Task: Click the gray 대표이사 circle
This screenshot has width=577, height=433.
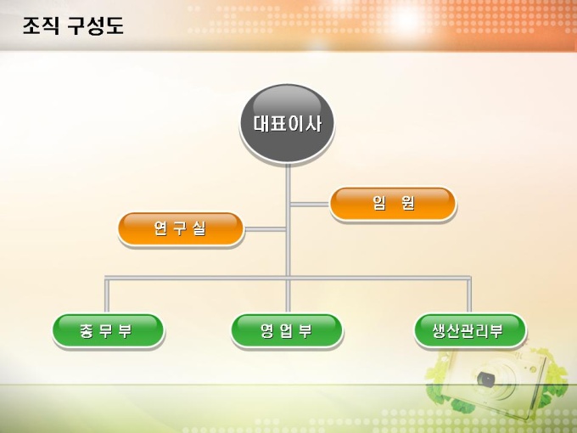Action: point(288,124)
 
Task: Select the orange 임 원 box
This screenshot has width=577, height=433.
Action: point(393,204)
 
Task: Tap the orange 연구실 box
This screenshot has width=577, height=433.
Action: point(180,228)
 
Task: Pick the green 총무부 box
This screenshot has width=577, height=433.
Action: point(107,330)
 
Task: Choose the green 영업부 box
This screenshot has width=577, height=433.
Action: point(287,330)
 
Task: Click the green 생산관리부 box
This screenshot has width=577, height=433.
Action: point(469,330)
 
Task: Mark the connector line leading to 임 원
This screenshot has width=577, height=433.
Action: point(309,204)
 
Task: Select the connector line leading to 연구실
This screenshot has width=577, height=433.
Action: point(265,228)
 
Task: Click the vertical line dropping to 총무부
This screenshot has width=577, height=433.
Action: point(107,295)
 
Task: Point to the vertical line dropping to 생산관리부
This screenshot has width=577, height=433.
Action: point(469,295)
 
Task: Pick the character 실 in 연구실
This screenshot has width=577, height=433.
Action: point(199,228)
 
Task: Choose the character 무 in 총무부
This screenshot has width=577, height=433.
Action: point(107,330)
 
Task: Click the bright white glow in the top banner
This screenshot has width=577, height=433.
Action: point(406,19)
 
